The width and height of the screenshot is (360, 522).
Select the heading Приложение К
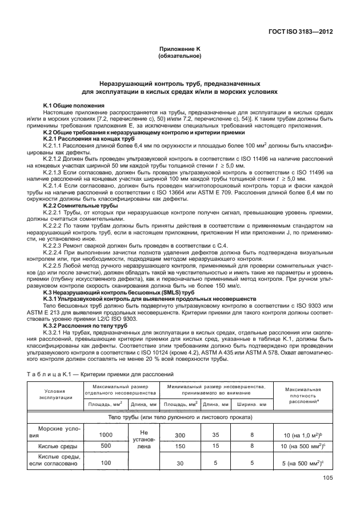(180, 50)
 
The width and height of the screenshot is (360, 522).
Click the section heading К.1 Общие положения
(74, 106)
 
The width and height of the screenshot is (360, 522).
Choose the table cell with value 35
(216, 435)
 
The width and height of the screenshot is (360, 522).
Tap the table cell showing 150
(181, 446)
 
